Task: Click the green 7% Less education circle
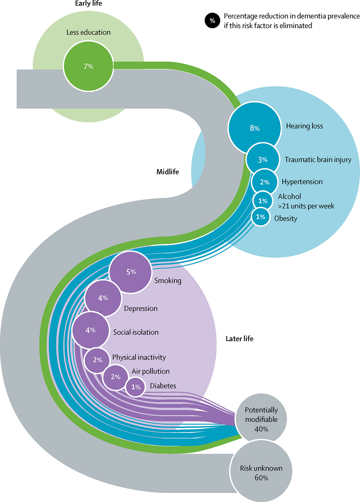(88, 66)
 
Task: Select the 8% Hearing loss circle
(255, 128)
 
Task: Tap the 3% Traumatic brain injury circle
(263, 160)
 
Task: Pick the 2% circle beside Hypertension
(265, 182)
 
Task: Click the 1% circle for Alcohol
(263, 201)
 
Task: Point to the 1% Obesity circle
(261, 217)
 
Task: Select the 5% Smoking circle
(131, 272)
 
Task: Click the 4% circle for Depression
(103, 298)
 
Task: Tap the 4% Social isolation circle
(91, 330)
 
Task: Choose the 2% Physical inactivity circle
(97, 360)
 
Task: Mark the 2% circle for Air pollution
(116, 377)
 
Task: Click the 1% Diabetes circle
(136, 387)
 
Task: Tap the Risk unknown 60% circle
(261, 472)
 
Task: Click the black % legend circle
(212, 21)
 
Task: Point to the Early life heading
(88, 4)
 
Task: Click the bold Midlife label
(167, 172)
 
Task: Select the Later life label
(239, 339)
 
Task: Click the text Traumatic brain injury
(318, 160)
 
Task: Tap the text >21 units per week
(306, 206)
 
